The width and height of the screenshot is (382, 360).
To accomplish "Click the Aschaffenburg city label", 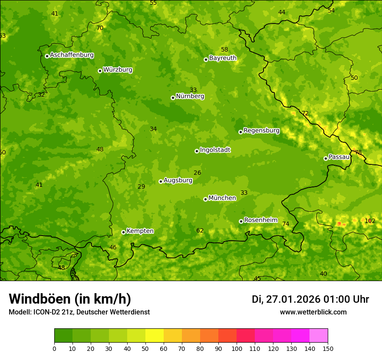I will coord(72,55).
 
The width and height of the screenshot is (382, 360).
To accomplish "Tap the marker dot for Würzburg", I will coord(100,71).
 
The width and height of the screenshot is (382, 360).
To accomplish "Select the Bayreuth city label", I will coord(223,58).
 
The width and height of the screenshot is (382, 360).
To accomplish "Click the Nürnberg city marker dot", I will coord(173,98).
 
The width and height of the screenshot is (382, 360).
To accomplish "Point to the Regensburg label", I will coord(261,131).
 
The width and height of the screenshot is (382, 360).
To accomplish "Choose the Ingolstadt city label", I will coord(215,150).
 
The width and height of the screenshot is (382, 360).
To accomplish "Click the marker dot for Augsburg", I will coord(161,181).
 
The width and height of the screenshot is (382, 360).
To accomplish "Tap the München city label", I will coord(222,198).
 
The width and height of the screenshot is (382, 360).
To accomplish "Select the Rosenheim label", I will coord(260,220).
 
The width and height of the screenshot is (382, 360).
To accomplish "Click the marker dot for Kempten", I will coord(123,232).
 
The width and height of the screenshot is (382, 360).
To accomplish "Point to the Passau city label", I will coord(339,157).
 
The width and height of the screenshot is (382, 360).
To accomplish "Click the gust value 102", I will coord(370,221).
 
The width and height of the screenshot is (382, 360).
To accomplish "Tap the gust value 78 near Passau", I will coord(358,152).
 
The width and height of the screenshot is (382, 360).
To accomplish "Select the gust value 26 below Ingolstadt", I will coord(198,173).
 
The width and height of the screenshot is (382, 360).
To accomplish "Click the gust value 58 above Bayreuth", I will coord(224,49).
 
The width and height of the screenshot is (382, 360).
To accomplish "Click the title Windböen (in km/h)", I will coord(70,299).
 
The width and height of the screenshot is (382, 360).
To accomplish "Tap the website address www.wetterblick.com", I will coord(313,312).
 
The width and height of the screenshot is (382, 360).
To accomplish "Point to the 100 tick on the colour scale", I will coord(237,348).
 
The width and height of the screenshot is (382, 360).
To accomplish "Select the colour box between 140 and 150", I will coord(319,336).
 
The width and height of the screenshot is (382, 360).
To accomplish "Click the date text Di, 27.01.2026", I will coord(286,299).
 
